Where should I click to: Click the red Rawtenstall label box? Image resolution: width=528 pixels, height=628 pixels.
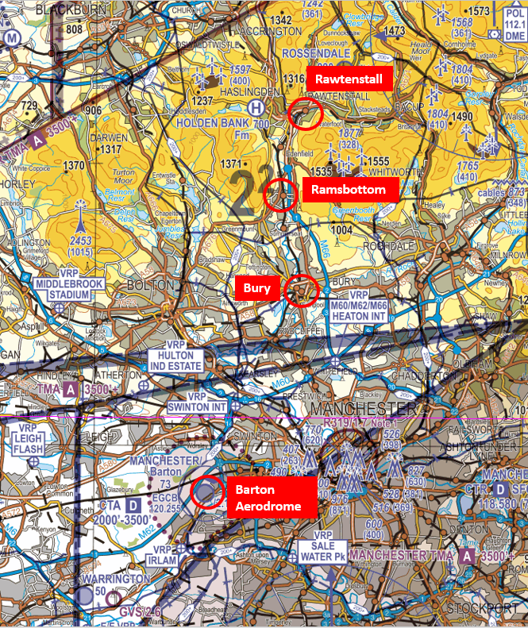(x=348, y=79)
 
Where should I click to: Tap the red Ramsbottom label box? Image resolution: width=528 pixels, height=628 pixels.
(x=348, y=190)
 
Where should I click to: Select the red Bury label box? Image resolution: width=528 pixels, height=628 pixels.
(x=256, y=289)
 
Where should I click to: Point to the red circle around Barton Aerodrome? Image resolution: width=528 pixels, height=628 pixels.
(x=208, y=492)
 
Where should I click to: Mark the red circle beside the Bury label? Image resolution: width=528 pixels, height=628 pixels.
(x=302, y=291)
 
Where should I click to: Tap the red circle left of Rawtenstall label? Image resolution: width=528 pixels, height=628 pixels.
(x=305, y=114)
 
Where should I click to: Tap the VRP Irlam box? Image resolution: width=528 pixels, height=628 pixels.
(x=163, y=554)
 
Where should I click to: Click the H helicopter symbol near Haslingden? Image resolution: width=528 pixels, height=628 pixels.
(x=256, y=107)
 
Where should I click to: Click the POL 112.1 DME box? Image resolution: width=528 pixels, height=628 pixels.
(x=515, y=25)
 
